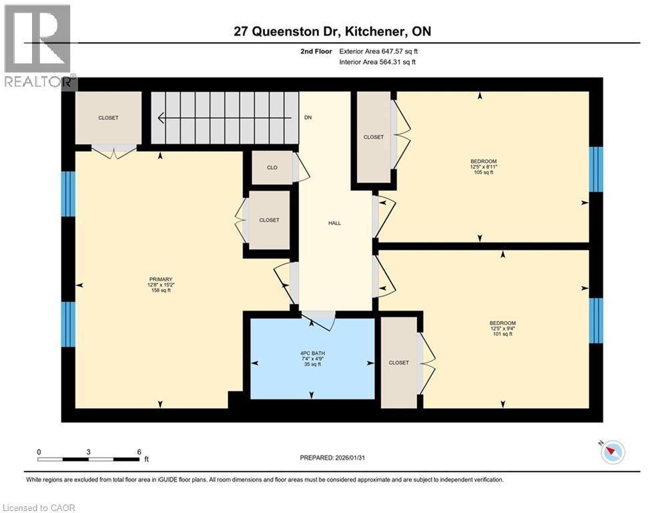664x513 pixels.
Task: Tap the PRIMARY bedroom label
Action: tap(160, 279)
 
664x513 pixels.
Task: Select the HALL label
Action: tap(334, 223)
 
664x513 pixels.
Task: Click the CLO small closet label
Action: tap(272, 168)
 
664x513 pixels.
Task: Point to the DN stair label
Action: tap(308, 118)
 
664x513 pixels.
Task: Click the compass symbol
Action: tap(612, 452)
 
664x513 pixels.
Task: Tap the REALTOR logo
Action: tap(38, 47)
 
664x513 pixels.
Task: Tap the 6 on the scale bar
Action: tap(138, 452)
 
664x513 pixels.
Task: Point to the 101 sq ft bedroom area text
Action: tap(502, 334)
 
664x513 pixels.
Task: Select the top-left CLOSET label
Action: tap(108, 118)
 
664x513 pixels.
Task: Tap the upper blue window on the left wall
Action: tap(68, 194)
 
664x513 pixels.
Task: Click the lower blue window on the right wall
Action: tap(595, 320)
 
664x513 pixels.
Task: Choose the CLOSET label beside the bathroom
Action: tap(398, 363)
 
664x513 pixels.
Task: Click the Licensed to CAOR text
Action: tap(40, 508)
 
